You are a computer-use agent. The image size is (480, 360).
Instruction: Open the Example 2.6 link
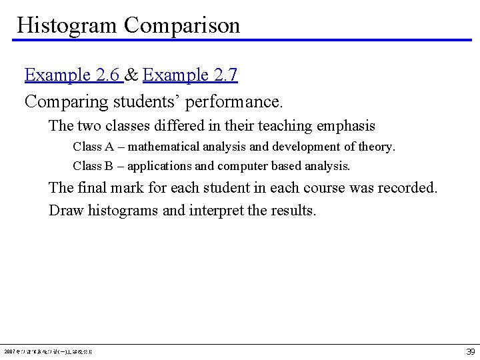[x=73, y=75]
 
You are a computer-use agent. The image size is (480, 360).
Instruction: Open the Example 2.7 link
[x=190, y=75]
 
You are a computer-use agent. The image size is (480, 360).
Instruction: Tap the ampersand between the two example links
[x=132, y=75]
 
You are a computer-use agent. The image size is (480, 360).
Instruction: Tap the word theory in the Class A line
[x=377, y=146]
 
